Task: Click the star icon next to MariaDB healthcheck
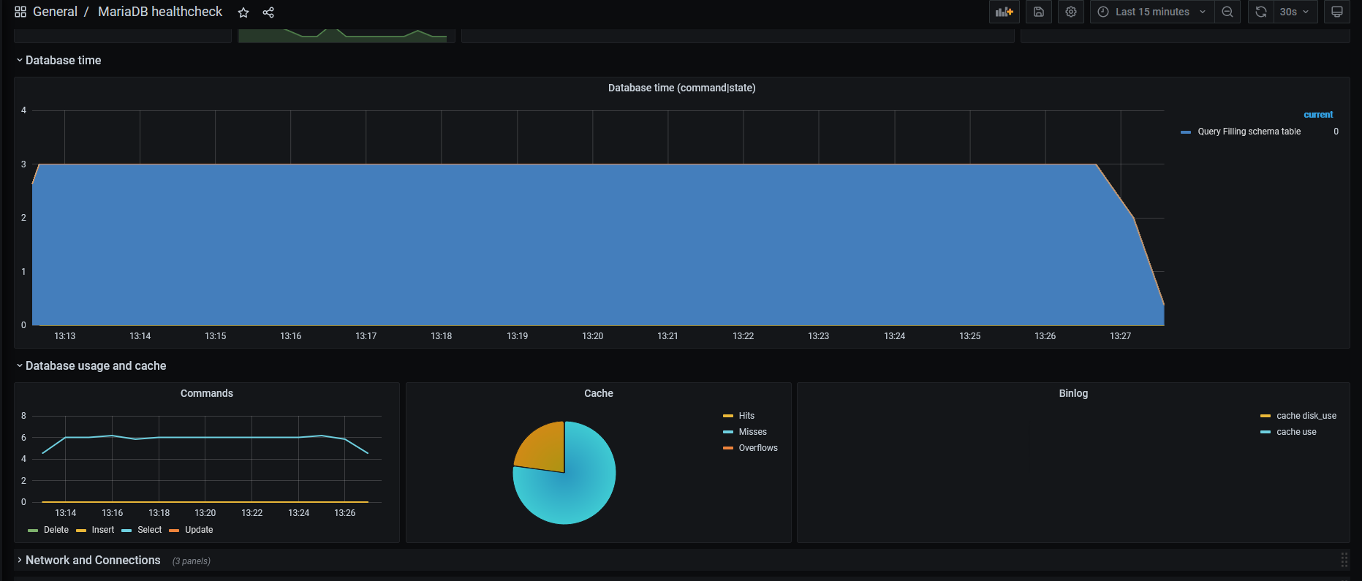click(x=243, y=12)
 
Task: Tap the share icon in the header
click(x=268, y=12)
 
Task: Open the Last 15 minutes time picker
click(x=1152, y=12)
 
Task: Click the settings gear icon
click(x=1071, y=12)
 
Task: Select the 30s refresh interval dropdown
click(x=1295, y=12)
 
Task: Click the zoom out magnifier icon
click(x=1227, y=12)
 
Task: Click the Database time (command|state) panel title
click(x=682, y=88)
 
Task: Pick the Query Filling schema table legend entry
click(x=1249, y=132)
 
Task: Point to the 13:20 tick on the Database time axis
click(x=592, y=336)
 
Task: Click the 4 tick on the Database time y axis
click(x=23, y=110)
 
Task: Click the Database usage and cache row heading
click(x=96, y=365)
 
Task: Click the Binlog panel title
click(x=1073, y=393)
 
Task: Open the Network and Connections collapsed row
click(x=93, y=560)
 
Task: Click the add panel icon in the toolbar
click(x=1005, y=12)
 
